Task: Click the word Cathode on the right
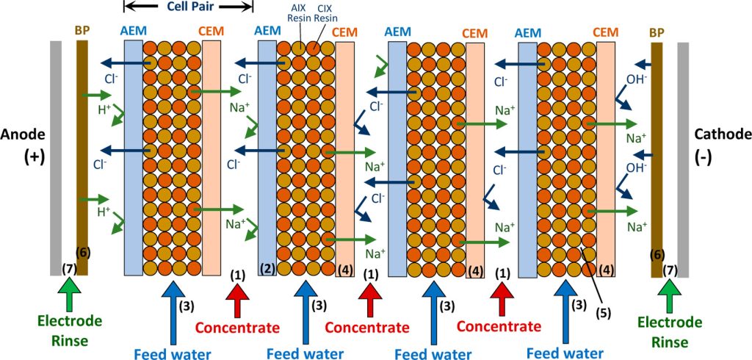pos(722,134)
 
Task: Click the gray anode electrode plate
pos(56,158)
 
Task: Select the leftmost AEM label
pos(133,32)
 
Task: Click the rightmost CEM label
pos(606,32)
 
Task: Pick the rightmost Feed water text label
pos(563,353)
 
